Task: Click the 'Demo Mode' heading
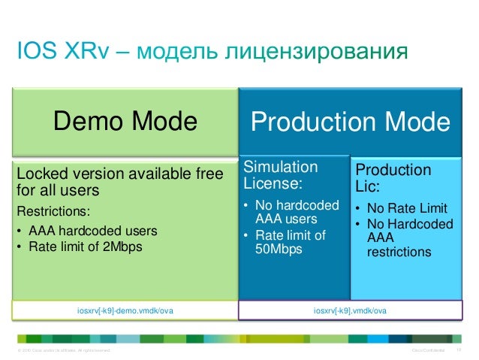[x=125, y=122]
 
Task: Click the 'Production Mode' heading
[x=351, y=123]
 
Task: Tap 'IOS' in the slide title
[x=35, y=53]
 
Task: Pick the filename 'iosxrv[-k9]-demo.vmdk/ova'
[x=125, y=309]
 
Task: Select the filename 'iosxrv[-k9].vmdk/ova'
[x=351, y=309]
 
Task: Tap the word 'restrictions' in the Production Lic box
[x=399, y=252]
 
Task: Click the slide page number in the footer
[x=459, y=351]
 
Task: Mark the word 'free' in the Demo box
[x=209, y=174]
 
